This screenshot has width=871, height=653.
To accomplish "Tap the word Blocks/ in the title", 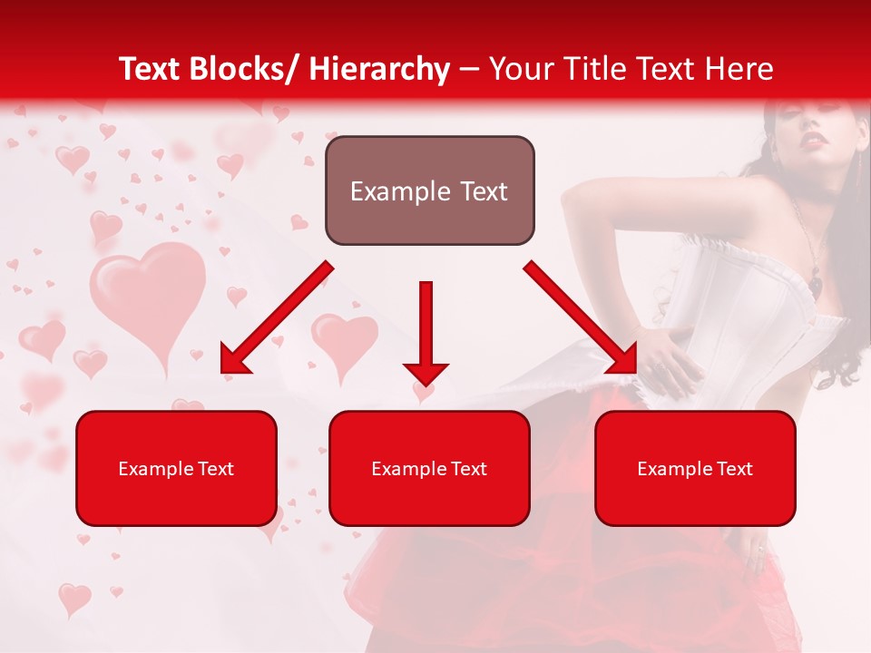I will [248, 69].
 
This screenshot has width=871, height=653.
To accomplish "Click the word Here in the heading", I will [741, 69].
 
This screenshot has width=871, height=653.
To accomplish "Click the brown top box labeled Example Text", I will [429, 190].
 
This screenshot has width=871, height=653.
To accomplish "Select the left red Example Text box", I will [176, 468].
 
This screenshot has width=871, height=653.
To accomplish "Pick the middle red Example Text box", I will [429, 468].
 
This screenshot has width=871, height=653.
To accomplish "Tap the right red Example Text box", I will [695, 468].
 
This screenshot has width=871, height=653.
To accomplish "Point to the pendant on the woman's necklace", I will [816, 287].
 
